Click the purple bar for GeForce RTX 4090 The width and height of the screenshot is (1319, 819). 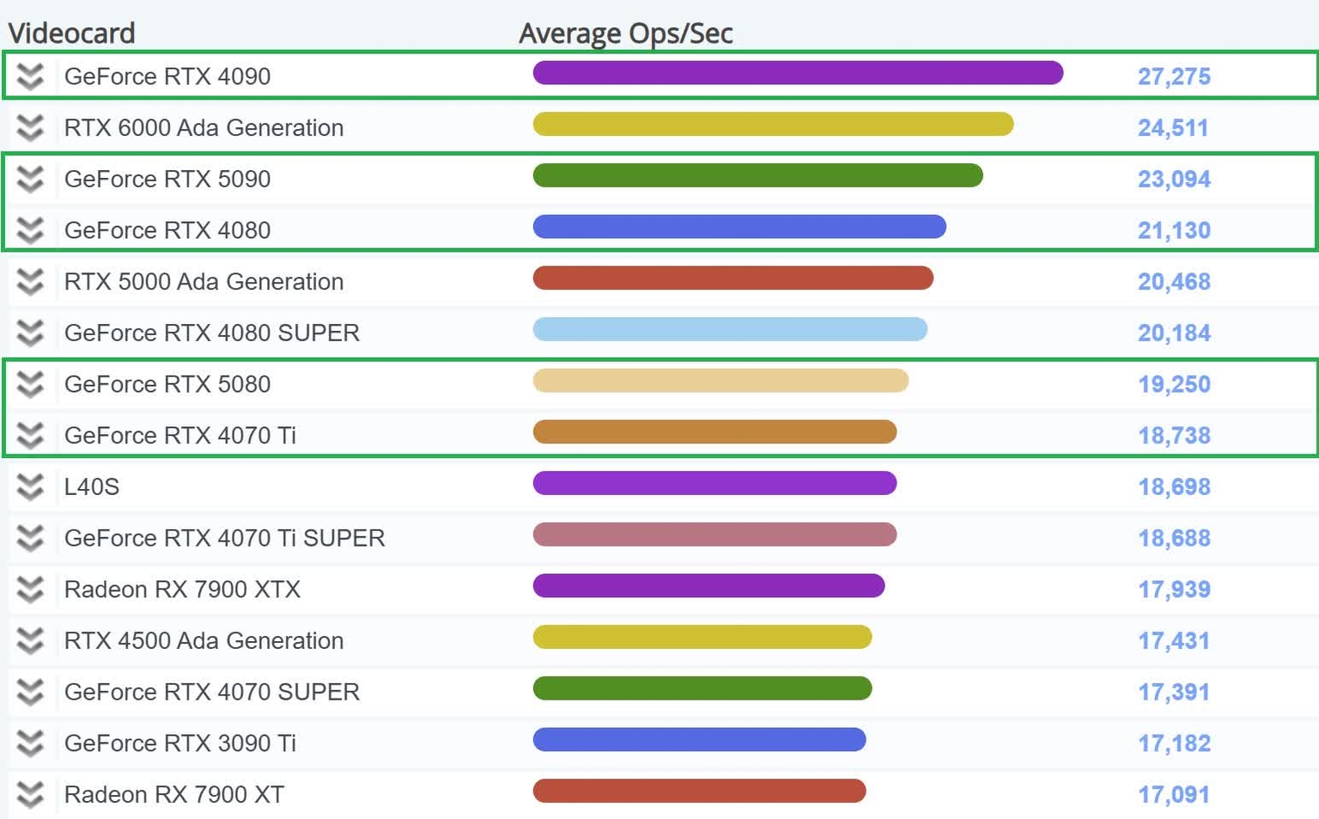coord(798,73)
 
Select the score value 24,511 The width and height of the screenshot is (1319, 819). coord(1173,128)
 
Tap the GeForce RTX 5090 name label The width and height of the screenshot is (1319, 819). coord(167,179)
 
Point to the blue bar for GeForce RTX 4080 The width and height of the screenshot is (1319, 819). coord(739,227)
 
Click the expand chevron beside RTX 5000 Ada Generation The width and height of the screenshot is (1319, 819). coord(30,282)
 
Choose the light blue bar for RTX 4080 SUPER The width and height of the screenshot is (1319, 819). coord(730,329)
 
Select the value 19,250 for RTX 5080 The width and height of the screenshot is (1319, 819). coord(1174,384)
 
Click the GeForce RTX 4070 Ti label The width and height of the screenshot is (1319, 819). coord(180,436)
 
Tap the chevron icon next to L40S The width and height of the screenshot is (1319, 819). coord(30,487)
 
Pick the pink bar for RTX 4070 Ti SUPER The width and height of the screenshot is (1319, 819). coord(714,535)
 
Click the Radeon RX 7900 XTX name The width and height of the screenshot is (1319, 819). coord(182,590)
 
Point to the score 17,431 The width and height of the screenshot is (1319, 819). coord(1173,641)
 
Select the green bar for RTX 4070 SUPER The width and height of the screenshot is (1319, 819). coord(702,688)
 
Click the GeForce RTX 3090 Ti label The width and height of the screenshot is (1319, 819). coord(180,743)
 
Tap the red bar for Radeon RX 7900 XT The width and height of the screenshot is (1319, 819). coord(699,791)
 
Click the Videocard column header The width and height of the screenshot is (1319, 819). coord(71,33)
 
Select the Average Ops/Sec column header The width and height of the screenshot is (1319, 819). coord(625,33)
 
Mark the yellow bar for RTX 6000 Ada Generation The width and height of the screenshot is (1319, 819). coord(773,125)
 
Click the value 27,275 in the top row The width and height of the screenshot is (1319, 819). coord(1174,76)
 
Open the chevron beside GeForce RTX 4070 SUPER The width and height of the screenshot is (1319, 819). coord(30,692)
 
